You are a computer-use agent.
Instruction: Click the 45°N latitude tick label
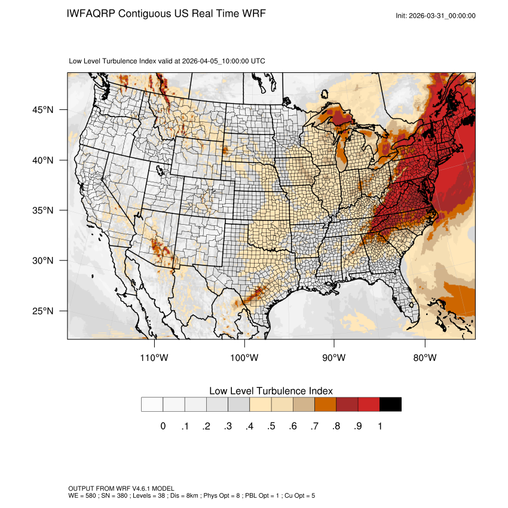click(x=45, y=110)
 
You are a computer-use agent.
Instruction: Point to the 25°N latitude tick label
click(x=45, y=311)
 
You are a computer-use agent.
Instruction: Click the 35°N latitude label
click(x=45, y=210)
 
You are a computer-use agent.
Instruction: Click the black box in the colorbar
click(x=390, y=405)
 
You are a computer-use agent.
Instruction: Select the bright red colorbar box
click(x=369, y=405)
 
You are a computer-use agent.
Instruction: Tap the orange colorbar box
click(x=325, y=405)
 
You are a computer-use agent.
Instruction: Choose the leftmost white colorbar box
click(x=152, y=405)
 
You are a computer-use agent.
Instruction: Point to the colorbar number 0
click(x=163, y=426)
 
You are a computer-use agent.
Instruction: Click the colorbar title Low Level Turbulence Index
click(x=271, y=390)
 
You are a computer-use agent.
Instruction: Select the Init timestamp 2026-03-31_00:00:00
click(x=442, y=16)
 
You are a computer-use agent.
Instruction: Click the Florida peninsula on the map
click(x=407, y=299)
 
